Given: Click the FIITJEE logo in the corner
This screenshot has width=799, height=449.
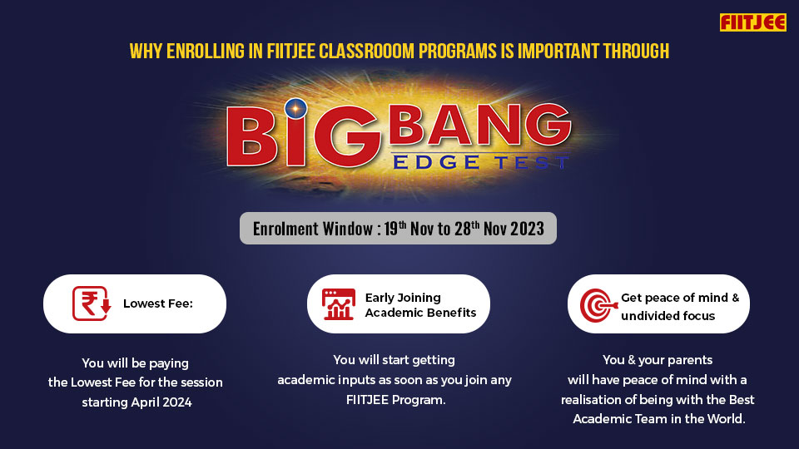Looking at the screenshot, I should click(x=752, y=22).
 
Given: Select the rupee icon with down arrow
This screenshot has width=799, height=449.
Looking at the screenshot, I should click(x=92, y=303).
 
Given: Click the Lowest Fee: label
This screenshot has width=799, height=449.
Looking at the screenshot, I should click(x=158, y=304).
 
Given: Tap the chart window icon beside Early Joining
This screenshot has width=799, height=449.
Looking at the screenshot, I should click(x=338, y=304).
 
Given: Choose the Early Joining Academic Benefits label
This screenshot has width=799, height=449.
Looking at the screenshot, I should click(x=420, y=305).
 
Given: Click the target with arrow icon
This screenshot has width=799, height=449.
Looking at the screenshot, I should click(x=597, y=304).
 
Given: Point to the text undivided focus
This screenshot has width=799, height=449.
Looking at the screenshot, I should click(x=668, y=316).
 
